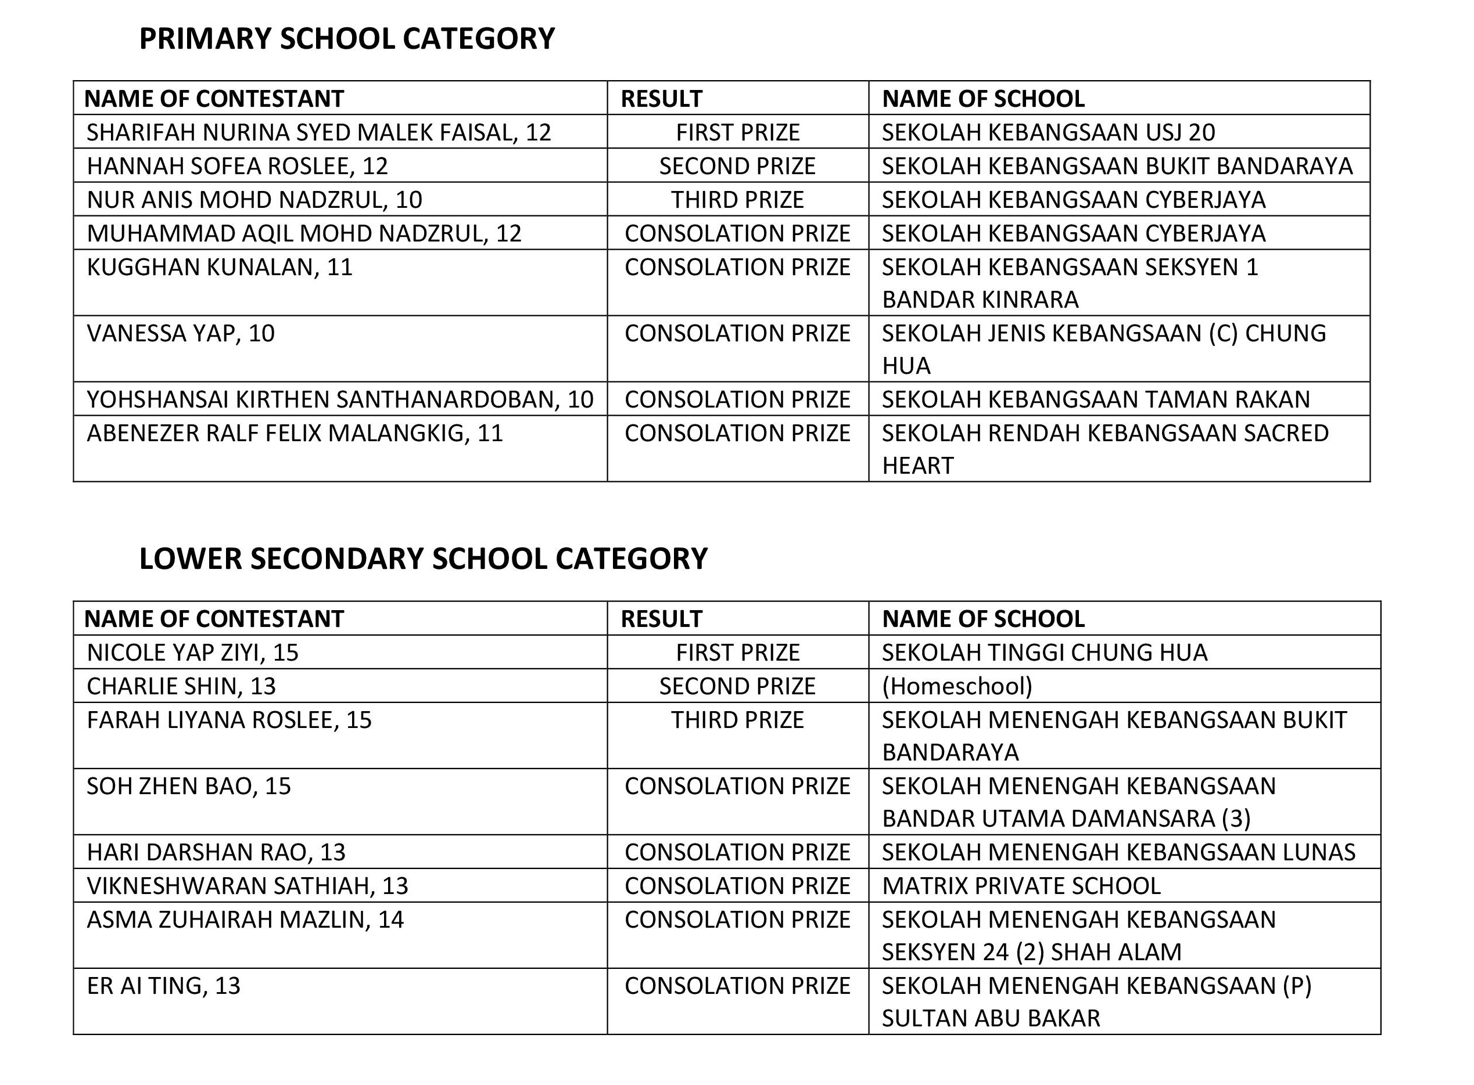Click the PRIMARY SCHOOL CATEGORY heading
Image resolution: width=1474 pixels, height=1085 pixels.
347,39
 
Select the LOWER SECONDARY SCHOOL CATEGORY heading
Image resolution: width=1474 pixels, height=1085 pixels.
423,559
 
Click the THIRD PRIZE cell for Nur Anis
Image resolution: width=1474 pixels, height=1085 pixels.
737,200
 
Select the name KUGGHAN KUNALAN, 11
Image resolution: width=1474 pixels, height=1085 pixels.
220,267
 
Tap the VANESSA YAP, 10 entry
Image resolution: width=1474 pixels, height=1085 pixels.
181,334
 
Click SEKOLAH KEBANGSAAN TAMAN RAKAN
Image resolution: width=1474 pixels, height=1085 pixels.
1096,399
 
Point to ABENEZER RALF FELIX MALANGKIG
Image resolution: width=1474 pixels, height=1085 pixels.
295,434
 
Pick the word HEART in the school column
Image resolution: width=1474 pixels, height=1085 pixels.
917,466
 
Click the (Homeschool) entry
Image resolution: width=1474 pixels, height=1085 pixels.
957,686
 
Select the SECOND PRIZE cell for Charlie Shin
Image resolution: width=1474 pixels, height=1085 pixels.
737,686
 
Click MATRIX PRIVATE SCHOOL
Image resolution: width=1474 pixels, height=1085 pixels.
1021,886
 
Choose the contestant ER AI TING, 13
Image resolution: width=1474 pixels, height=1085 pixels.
164,986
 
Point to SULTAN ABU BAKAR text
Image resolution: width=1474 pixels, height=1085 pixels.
991,1019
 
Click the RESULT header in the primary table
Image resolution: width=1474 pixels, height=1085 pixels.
661,99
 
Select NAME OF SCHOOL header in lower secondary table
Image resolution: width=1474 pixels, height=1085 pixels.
983,619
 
